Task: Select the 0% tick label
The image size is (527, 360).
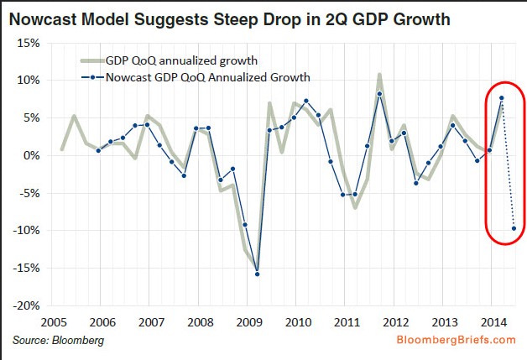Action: pyautogui.click(x=32, y=155)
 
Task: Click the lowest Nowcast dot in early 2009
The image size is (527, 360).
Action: pyautogui.click(x=257, y=274)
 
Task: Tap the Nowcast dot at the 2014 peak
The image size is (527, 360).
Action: pyautogui.click(x=501, y=98)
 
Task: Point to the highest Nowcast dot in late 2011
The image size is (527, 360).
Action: pyautogui.click(x=379, y=94)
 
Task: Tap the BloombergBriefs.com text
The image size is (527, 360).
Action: pyautogui.click(x=457, y=340)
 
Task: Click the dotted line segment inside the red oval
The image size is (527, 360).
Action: pyautogui.click(x=507, y=164)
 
